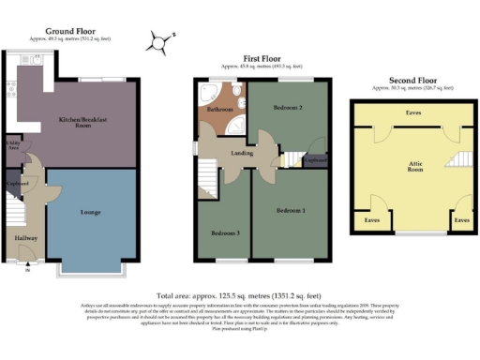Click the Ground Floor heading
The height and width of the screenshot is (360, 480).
[x=72, y=31]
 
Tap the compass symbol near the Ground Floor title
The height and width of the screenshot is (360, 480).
[x=161, y=40]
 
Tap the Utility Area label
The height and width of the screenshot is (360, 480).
[x=14, y=147]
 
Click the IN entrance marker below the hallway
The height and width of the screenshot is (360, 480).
[x=27, y=273]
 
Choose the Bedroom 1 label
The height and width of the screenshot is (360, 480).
[x=293, y=210]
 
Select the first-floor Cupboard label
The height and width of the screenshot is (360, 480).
[x=315, y=159]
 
